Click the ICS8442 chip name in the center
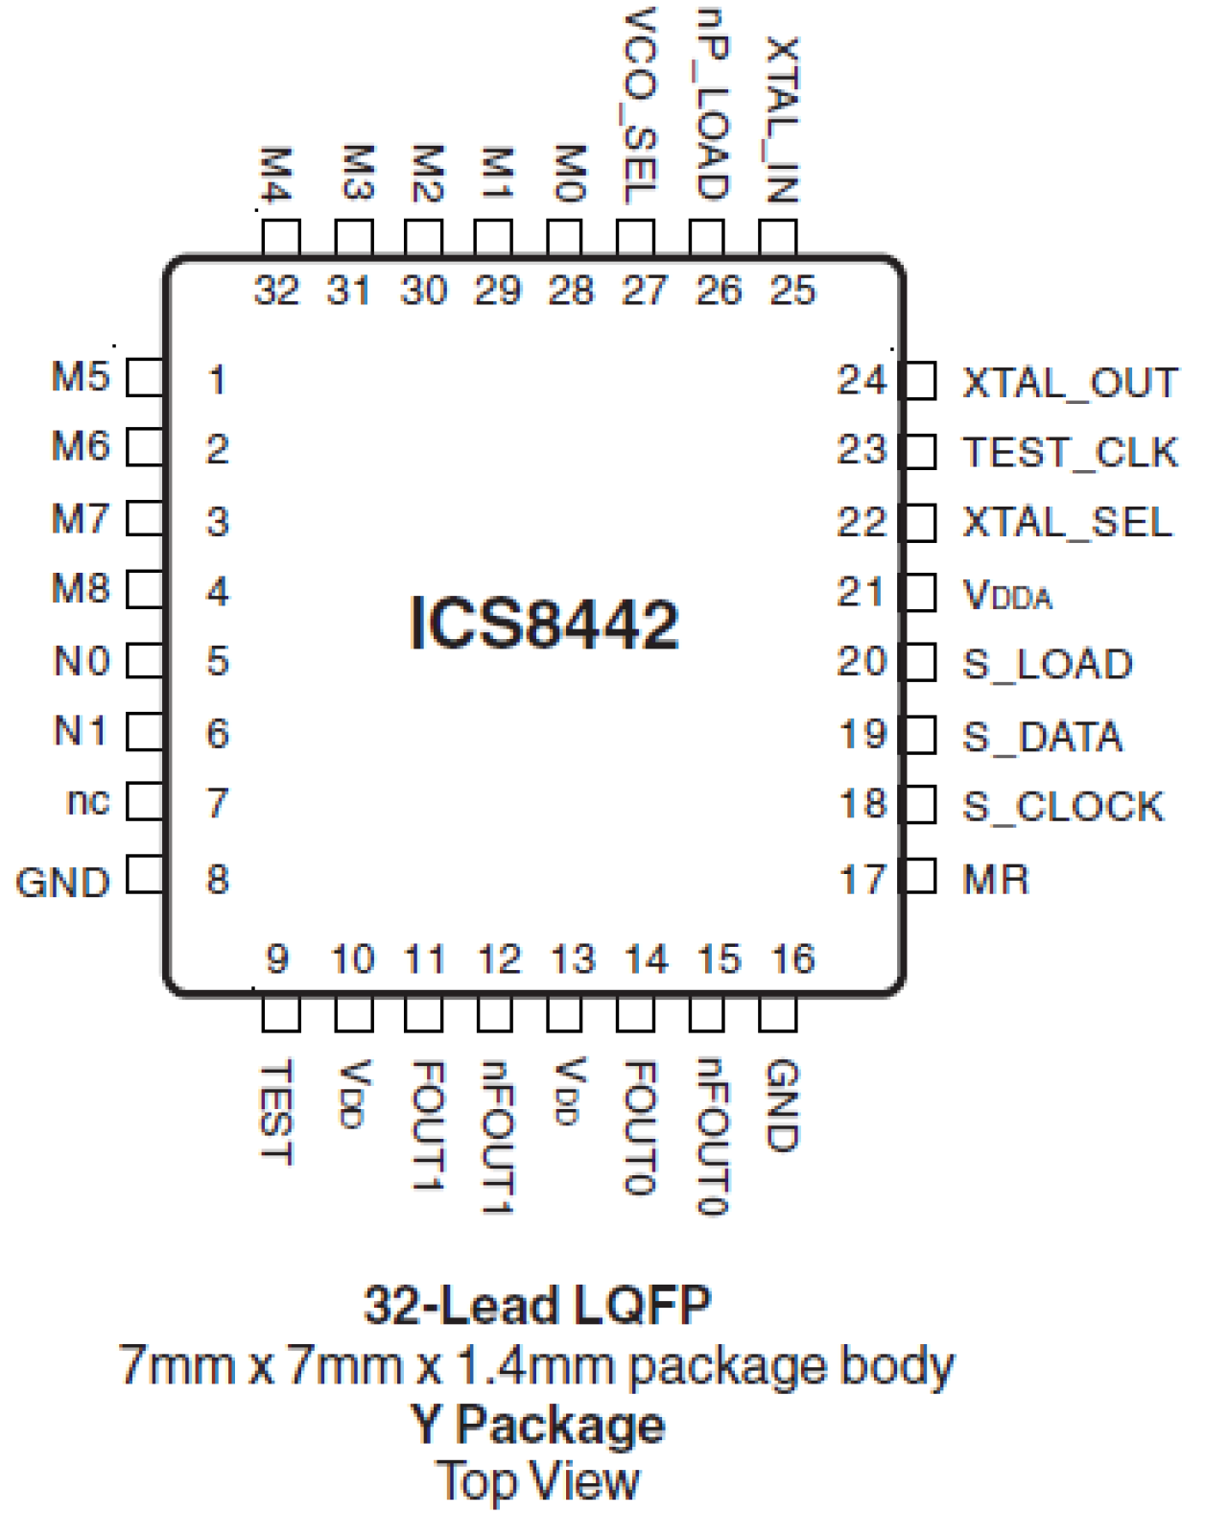pos(544,624)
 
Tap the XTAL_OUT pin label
pos(1070,383)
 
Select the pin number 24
pos(861,381)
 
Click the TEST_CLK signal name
pos(1070,452)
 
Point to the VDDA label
pos(1006,595)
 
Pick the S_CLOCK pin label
pos(1063,806)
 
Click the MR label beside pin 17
pos(996,879)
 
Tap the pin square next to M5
pos(145,377)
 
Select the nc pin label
pos(87,801)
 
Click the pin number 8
pos(218,879)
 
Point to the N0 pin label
pos(82,661)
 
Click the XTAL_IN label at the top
pos(781,120)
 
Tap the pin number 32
pos(276,290)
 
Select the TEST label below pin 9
pos(278,1113)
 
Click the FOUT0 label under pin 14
pos(639,1127)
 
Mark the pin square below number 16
pos(777,1013)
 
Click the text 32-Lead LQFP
pos(537,1305)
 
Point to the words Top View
pos(537,1480)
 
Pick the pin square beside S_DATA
pos(919,736)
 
